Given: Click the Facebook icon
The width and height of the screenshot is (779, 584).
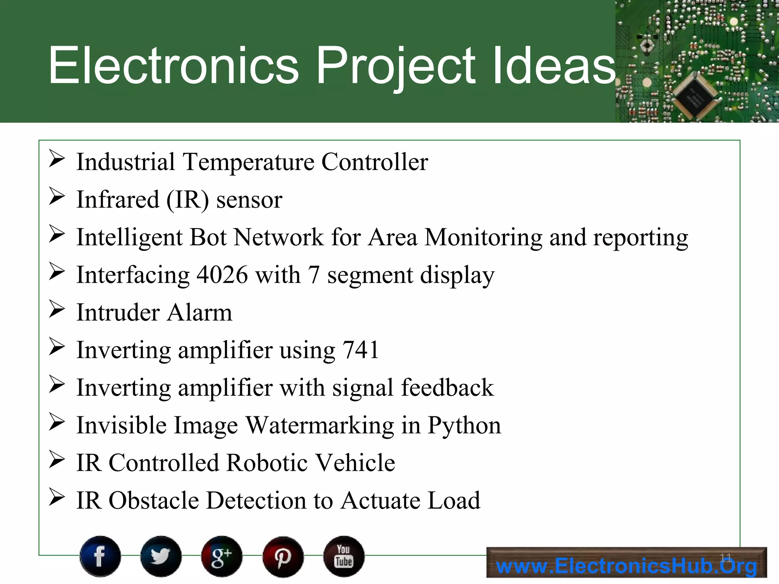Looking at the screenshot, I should (100, 556).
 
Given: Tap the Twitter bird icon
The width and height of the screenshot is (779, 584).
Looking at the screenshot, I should (161, 556).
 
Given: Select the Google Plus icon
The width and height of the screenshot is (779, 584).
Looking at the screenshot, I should (222, 556).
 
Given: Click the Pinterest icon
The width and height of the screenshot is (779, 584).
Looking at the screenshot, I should (283, 557).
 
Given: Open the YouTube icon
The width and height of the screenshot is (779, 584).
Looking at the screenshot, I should (344, 556).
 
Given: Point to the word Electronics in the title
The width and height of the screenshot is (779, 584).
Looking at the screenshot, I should (173, 65).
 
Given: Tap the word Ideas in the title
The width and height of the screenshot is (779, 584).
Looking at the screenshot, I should (553, 65).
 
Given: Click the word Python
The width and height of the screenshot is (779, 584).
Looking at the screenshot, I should (464, 425).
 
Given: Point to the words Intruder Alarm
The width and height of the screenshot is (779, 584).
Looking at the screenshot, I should (154, 313).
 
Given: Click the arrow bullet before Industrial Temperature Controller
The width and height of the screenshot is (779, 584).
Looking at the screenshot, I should (57, 159).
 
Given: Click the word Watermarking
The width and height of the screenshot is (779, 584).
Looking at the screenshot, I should (320, 425).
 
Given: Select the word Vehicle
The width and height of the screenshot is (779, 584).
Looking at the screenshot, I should (356, 463).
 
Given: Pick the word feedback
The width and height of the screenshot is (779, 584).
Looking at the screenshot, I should (447, 388).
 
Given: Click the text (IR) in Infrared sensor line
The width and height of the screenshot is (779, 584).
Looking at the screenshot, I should (188, 200).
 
